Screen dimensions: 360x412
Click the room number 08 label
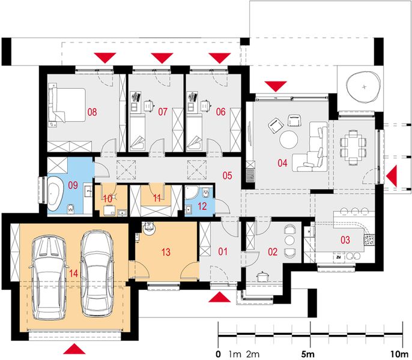[x=92, y=111]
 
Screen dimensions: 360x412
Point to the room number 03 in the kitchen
[x=345, y=240]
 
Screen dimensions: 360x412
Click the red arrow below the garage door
[x=73, y=350]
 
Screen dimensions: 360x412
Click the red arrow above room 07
[x=160, y=58]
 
